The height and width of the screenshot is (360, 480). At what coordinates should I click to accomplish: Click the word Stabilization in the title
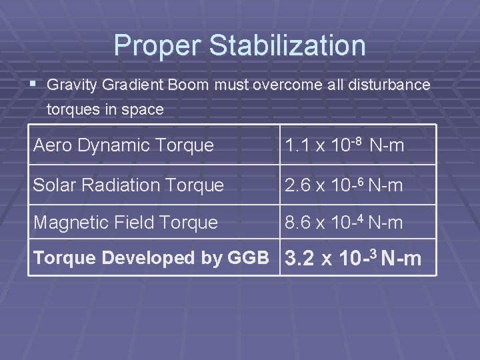click(x=287, y=45)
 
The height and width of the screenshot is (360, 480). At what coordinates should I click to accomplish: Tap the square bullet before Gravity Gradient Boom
click(x=35, y=85)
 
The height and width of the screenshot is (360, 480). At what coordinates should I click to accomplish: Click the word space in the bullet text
click(x=145, y=109)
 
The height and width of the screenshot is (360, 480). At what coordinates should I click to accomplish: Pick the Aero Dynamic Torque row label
click(x=123, y=145)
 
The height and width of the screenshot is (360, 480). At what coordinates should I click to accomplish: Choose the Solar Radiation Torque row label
click(x=128, y=185)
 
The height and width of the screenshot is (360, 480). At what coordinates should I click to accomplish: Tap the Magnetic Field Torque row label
click(x=125, y=223)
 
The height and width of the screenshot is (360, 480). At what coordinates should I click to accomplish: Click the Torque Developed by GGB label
click(x=151, y=258)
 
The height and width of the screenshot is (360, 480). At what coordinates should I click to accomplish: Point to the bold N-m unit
click(x=401, y=259)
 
